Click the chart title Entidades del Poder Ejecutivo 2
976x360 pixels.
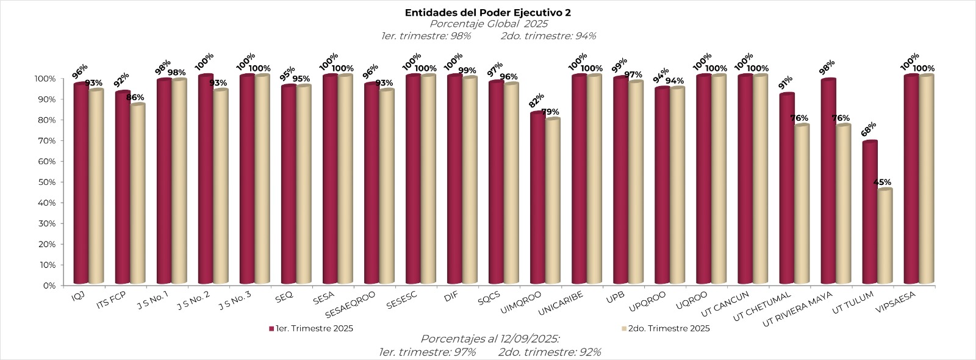488,13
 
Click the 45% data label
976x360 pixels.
882,182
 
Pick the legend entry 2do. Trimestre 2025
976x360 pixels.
669,328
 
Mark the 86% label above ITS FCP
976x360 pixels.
135,98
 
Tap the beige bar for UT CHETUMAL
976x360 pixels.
802,204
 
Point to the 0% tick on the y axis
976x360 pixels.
49,285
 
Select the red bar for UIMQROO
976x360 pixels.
537,198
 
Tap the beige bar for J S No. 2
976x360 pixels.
220,187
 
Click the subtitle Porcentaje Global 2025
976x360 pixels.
488,24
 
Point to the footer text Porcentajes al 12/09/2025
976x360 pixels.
490,339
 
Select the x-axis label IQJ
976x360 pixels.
78,296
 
